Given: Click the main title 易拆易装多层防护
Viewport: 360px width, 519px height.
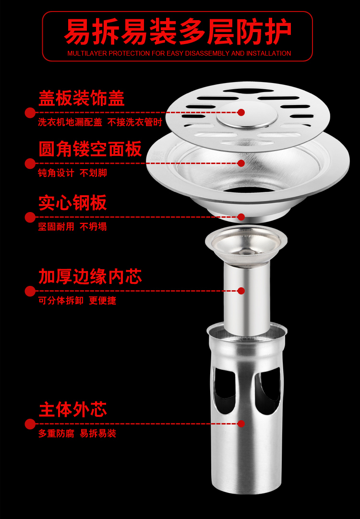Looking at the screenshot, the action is point(178,32).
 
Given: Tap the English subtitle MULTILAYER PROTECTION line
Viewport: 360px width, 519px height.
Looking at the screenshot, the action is point(179,53).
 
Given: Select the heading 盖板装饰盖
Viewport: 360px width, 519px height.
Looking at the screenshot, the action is point(82,98).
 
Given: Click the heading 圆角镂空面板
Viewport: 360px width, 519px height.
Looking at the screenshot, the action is point(90,149).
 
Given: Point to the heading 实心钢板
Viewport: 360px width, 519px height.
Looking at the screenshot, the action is point(72,202).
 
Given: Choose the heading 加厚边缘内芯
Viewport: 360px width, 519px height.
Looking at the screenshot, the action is point(90,276).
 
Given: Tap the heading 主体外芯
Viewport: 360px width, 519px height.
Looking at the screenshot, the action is point(72,410).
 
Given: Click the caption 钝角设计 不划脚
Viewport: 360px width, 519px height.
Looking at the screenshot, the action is point(72,173).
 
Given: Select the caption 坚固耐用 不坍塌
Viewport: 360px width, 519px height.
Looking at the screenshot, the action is point(72,226).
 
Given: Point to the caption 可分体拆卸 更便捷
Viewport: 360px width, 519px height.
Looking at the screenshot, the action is point(77,300).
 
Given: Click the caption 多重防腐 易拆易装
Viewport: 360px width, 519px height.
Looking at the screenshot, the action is point(77,433).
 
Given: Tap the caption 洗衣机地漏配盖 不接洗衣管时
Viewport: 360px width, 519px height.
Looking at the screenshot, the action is point(100,122).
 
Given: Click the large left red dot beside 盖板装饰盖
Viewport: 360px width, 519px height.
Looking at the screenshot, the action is point(30,113).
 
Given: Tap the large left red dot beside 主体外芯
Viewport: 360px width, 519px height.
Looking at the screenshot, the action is point(30,424).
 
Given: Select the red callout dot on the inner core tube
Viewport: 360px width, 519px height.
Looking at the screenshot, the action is point(241,291).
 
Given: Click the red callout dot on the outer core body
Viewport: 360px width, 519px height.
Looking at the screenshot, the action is point(241,424).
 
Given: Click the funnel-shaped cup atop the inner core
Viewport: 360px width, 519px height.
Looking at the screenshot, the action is point(246,245).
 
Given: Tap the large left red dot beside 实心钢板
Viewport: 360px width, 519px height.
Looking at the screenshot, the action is point(30,217).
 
